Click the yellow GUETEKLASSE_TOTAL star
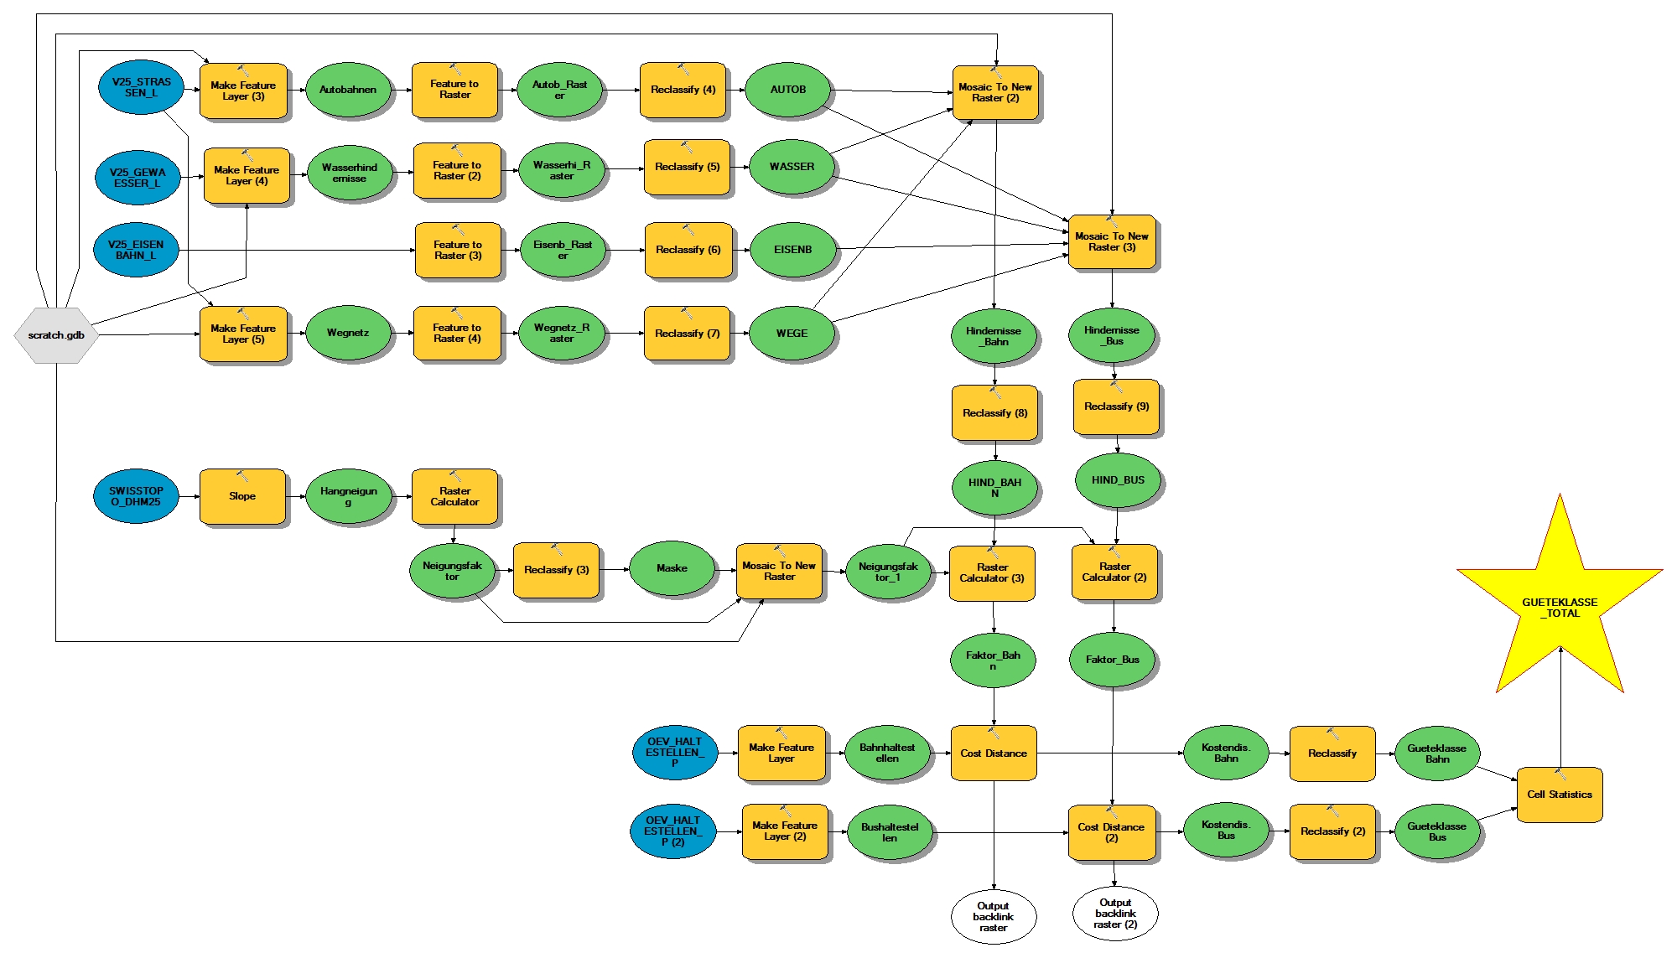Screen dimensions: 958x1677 pos(1560,608)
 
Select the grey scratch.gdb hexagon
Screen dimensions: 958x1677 pos(56,335)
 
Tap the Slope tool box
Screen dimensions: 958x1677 pos(242,496)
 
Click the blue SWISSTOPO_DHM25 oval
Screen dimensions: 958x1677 pos(136,496)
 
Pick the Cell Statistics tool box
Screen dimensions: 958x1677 pos(1559,795)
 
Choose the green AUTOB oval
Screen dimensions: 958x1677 pos(788,90)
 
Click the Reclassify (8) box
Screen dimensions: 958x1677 pos(994,413)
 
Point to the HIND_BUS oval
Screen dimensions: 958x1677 pos(1118,480)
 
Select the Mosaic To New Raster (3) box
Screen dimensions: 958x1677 pos(1112,242)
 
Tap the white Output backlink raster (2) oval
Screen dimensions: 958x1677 pos(1115,914)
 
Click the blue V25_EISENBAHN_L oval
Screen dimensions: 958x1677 pos(136,250)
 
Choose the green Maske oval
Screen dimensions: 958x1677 pos(672,568)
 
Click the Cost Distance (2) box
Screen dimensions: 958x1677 pos(1111,832)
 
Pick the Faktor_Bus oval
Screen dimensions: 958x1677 pos(1113,660)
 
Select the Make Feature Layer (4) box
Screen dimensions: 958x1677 pos(247,175)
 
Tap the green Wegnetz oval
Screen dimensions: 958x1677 pos(348,333)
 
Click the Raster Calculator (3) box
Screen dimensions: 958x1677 pos(992,573)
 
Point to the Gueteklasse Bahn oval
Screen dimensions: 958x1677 pos(1437,753)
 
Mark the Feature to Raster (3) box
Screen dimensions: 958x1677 pos(458,250)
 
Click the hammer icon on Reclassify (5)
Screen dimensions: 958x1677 pos(687,148)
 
